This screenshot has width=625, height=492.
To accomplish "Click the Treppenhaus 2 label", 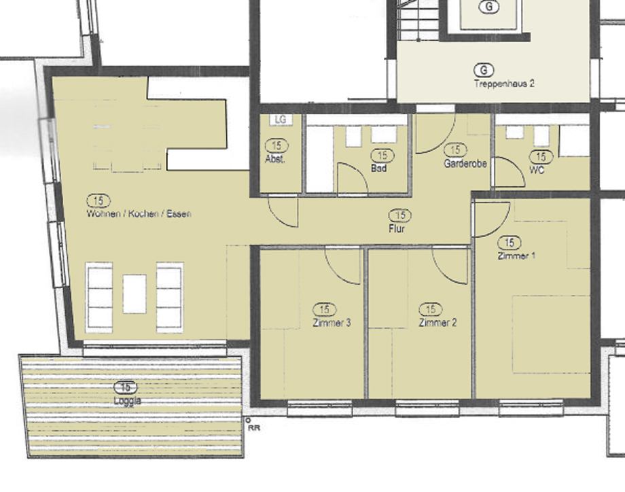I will click(x=504, y=84).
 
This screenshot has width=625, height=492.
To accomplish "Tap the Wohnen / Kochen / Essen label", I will click(x=139, y=213).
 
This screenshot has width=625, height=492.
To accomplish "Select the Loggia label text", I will click(x=128, y=401).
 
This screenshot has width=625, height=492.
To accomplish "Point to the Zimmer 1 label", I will click(x=516, y=256).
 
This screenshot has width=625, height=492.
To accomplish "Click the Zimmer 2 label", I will click(x=437, y=323).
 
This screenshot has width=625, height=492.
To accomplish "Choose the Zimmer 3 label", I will click(x=332, y=323).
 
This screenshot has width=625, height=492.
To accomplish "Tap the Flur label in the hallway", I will click(x=397, y=230).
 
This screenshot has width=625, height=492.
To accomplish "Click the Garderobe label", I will click(x=465, y=163).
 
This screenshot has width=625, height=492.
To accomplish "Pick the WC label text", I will click(x=537, y=170).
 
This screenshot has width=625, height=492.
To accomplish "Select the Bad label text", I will click(x=379, y=168).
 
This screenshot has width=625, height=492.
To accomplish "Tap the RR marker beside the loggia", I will click(x=254, y=428).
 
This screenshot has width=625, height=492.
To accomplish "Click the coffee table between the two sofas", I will click(x=135, y=294).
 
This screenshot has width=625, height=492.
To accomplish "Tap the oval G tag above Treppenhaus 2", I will click(x=483, y=70).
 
